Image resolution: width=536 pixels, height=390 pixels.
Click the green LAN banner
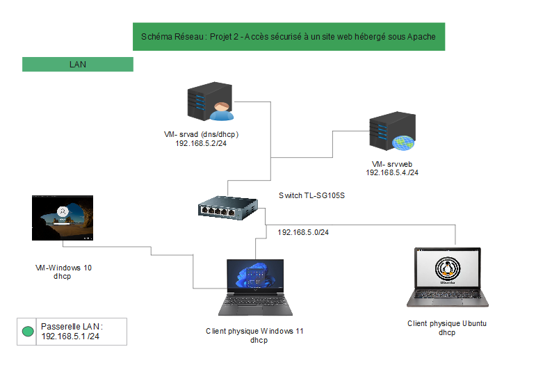[x=77, y=65]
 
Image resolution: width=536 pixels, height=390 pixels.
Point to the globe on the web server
[x=403, y=143]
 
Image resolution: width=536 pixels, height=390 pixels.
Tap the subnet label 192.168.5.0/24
[x=303, y=232]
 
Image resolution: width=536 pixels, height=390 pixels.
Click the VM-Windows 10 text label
[x=63, y=267]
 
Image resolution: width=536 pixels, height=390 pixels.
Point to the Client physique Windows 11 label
[x=254, y=332]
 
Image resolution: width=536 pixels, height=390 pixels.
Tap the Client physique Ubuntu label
[x=446, y=324]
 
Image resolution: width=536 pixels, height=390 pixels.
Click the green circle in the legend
[x=28, y=332]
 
